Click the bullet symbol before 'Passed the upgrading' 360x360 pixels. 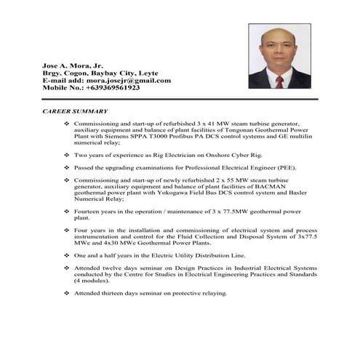[67, 167]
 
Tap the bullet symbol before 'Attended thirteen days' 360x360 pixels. [67, 293]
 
